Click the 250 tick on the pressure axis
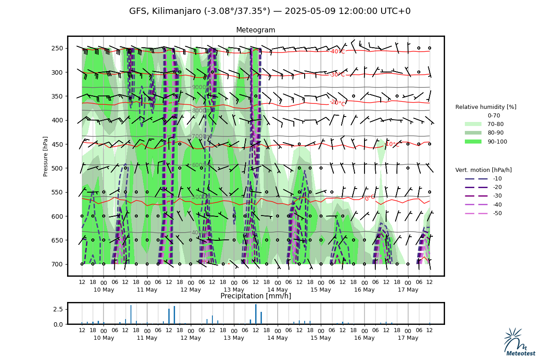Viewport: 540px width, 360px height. [58, 48]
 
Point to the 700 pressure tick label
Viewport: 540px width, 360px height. [58, 264]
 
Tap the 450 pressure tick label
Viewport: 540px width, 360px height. [58, 144]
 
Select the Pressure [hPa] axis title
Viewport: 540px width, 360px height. [45, 156]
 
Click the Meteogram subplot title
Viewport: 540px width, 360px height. [256, 30]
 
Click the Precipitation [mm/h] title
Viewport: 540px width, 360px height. [256, 296]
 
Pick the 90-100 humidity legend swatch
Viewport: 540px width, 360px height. [473, 142]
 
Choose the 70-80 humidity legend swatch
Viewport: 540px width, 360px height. [473, 124]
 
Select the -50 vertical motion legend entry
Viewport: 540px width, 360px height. [484, 213]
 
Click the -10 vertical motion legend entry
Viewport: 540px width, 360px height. [484, 179]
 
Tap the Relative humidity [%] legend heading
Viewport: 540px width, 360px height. [486, 107]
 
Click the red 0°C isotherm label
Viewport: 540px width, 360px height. [369, 198]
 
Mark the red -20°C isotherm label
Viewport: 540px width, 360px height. [337, 103]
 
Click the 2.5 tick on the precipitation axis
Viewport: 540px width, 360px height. [58, 309]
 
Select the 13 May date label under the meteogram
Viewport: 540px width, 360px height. [234, 290]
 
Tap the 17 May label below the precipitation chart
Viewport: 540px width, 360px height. [408, 338]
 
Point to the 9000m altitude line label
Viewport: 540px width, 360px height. [200, 88]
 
